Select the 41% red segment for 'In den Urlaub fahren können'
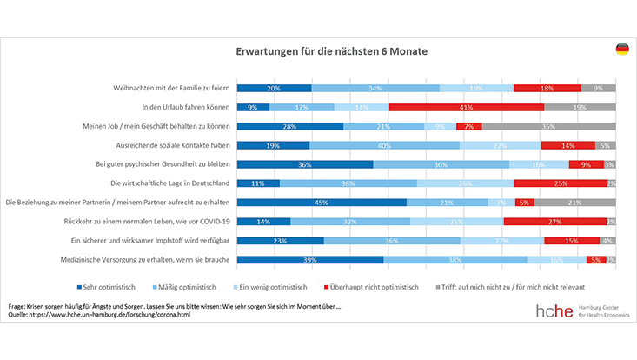[467, 107]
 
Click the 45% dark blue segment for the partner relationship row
[322, 203]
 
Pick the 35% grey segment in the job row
[548, 126]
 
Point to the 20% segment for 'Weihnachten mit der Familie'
[274, 88]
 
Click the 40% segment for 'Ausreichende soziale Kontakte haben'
[384, 145]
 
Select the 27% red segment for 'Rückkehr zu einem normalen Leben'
[554, 222]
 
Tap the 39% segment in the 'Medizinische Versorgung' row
[310, 260]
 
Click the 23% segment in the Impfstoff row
[280, 241]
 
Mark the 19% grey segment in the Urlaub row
[580, 107]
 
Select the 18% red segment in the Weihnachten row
[547, 88]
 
